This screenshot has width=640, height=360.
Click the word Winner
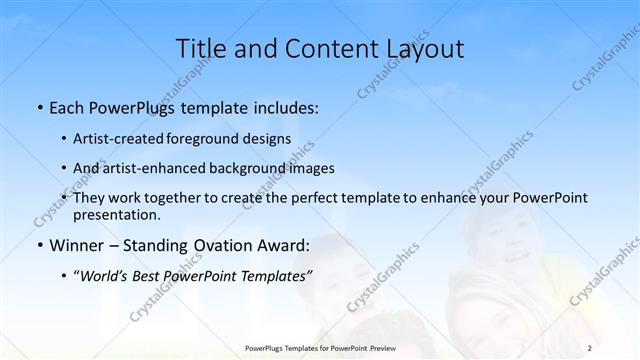coord(73,245)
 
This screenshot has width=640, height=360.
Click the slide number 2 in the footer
coord(589,347)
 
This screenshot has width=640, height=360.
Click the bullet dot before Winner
coord(39,245)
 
